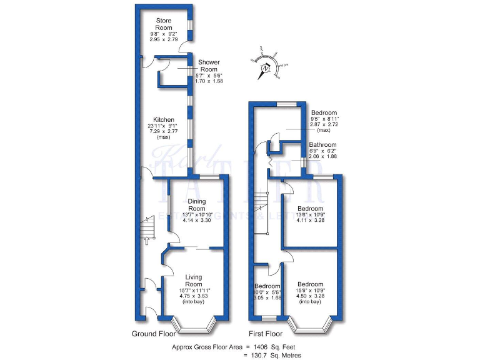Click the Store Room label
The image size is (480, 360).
[x=163, y=24]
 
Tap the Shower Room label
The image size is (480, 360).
[x=210, y=66]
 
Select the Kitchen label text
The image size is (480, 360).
[x=163, y=120]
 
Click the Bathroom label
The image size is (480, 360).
[x=322, y=145]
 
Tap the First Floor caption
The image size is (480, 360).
[x=264, y=334]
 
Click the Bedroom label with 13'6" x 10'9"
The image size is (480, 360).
[x=310, y=209]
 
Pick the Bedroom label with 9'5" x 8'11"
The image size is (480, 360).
[x=324, y=112]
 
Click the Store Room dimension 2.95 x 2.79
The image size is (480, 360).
[x=163, y=39]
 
